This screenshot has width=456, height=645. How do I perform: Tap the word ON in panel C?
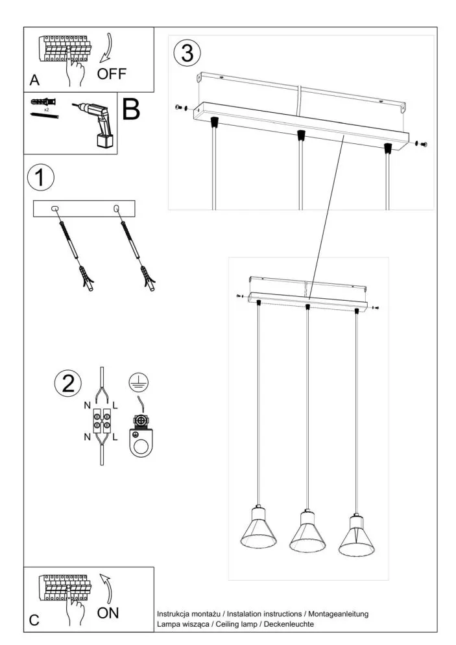(x=108, y=612)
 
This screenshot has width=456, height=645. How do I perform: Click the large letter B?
(x=132, y=110)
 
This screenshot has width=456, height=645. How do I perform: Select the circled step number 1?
(x=41, y=178)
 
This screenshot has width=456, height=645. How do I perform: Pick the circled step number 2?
(x=67, y=384)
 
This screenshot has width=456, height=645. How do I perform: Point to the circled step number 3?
(x=187, y=53)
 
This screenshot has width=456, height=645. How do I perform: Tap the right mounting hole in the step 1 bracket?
(x=117, y=208)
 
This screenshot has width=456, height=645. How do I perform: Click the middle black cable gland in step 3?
(x=300, y=135)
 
